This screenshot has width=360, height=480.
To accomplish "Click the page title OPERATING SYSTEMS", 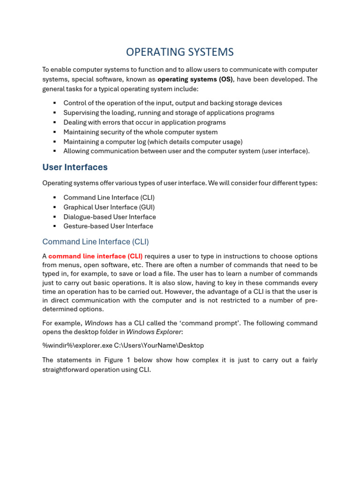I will click(180, 52).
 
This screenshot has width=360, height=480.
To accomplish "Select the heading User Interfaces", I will click(75, 167).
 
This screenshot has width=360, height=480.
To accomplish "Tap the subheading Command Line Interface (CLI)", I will click(95, 242).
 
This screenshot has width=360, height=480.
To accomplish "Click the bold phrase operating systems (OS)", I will click(195, 79).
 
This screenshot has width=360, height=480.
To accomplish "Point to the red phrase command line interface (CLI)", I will click(96, 256).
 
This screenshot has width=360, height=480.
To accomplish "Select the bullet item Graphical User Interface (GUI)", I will click(109, 207).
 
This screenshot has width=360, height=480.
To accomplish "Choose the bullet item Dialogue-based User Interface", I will click(110, 217).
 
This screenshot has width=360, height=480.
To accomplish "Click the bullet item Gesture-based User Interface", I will click(108, 226).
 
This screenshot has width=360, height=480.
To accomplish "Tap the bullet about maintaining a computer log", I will click(153, 142).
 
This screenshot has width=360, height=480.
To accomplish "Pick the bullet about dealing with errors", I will click(144, 122).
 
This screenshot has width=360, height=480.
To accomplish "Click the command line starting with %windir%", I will click(123, 345).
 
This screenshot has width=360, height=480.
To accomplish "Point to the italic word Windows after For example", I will click(98, 323).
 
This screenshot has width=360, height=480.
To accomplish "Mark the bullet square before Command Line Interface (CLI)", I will click(54, 198).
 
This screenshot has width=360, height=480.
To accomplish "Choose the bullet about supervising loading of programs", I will click(169, 113).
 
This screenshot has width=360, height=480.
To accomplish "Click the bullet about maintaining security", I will click(140, 132).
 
